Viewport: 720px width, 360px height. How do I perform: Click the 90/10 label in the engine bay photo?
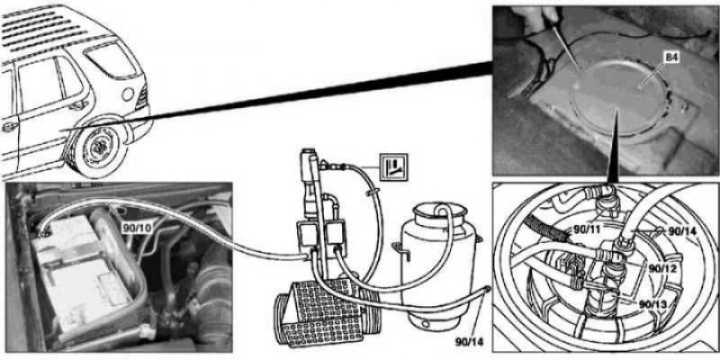pyautogui.click(x=138, y=226)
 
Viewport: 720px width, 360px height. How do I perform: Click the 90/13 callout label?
pyautogui.click(x=653, y=303)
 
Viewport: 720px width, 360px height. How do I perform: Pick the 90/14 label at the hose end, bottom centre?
pyautogui.click(x=469, y=342)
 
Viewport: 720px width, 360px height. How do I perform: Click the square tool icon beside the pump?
pyautogui.click(x=393, y=167)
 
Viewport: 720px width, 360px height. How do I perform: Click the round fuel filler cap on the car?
pyautogui.click(x=128, y=94)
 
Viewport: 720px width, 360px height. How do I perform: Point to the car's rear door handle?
pyautogui.click(x=78, y=105)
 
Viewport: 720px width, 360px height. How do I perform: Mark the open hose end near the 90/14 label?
pyautogui.click(x=486, y=289)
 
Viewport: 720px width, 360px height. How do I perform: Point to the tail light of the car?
pyautogui.click(x=141, y=96)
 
